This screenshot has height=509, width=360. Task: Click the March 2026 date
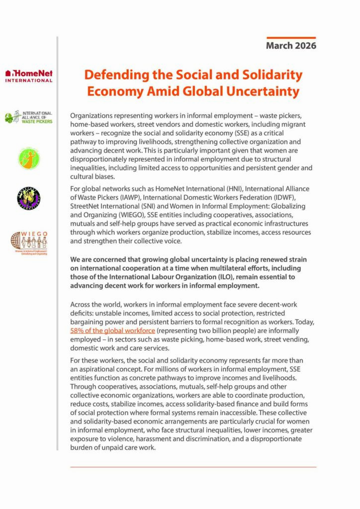tap(291, 46)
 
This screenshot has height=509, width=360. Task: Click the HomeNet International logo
tap(28, 76)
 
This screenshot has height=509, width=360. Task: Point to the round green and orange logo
tap(28, 158)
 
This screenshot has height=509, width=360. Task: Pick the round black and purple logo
tap(28, 198)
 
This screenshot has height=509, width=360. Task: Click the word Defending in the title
tap(114, 75)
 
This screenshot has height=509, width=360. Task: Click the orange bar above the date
tap(291, 37)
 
